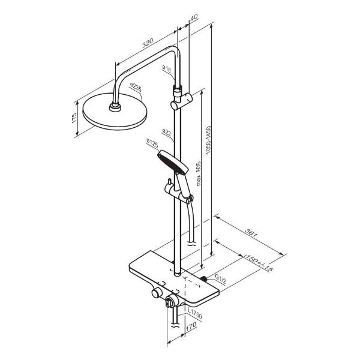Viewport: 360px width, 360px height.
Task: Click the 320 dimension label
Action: click(147, 43)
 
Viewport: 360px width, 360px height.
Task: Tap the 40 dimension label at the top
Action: click(194, 17)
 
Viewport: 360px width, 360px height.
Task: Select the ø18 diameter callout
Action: click(166, 69)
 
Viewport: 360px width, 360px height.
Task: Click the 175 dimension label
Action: click(74, 118)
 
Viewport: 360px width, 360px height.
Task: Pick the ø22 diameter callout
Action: click(166, 133)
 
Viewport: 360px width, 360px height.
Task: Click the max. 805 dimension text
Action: click(199, 174)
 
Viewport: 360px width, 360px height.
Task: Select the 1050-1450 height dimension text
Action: click(208, 140)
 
